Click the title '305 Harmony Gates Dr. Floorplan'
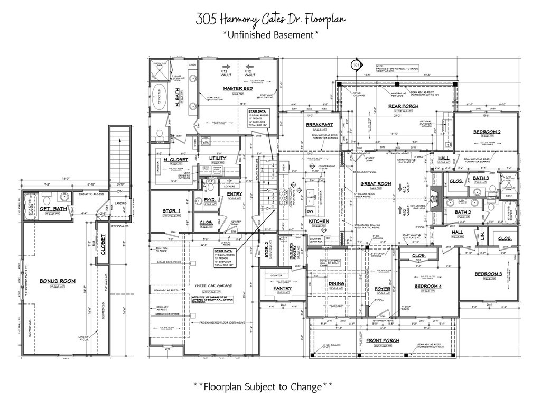pos(270,20)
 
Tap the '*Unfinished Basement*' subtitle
pos(270,35)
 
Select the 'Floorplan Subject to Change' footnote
pos(263,386)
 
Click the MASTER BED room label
pos(238,88)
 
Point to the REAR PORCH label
pos(400,106)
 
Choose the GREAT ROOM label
pos(375,184)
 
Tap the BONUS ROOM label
pos(57,281)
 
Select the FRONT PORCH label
pos(383,340)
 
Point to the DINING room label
pos(337,284)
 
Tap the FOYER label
pos(382,289)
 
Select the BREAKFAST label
pos(319,125)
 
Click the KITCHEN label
pos(319,221)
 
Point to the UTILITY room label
pos(218,158)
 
